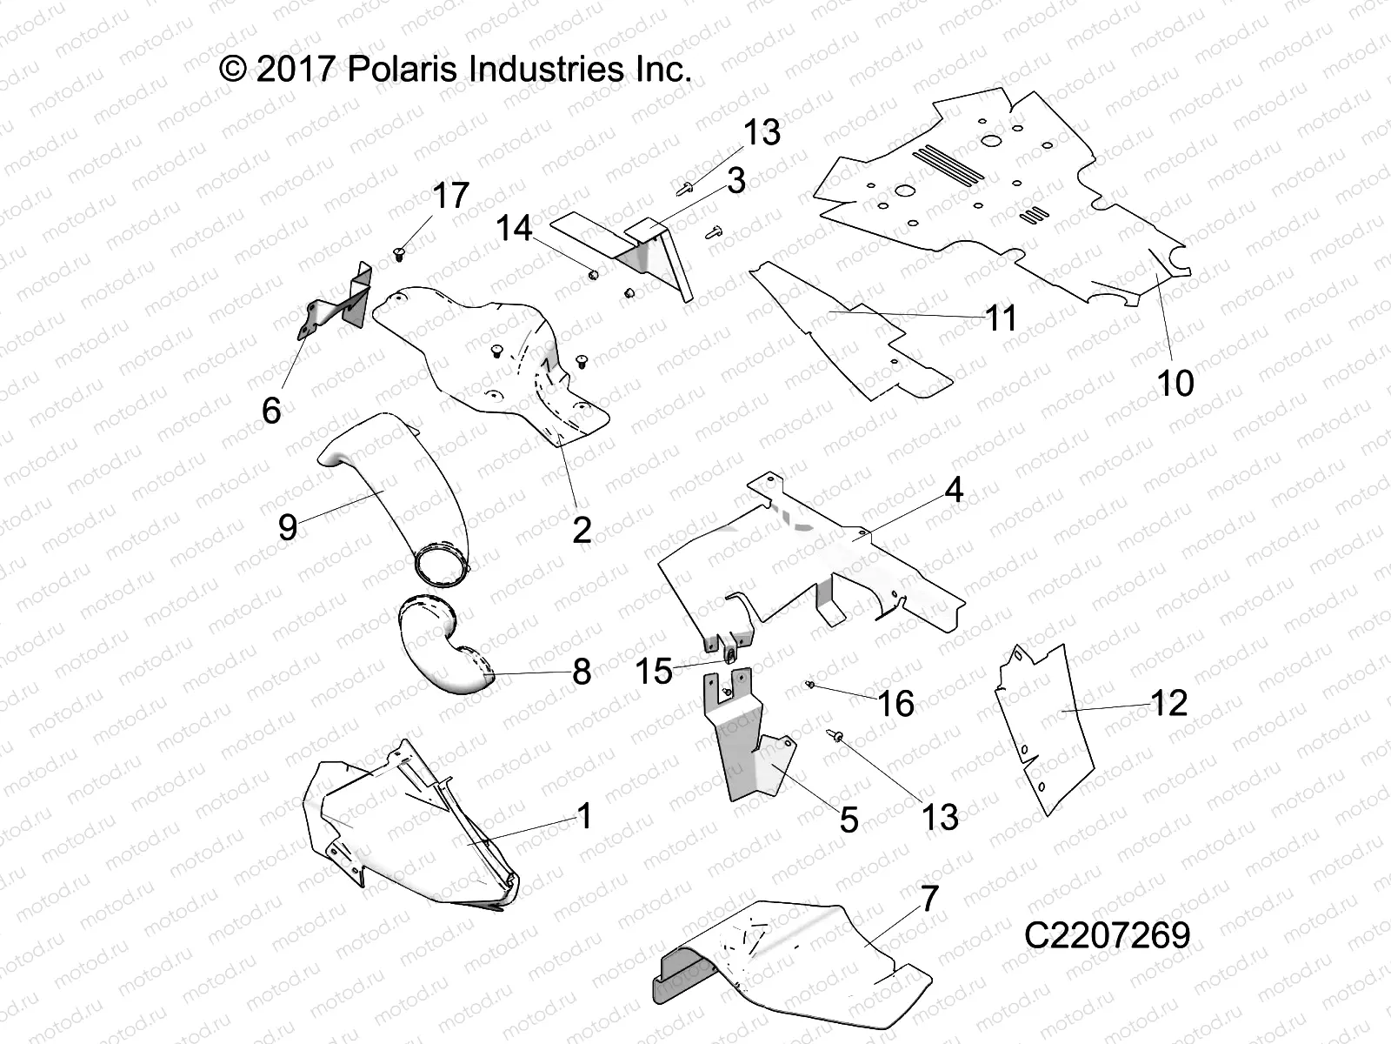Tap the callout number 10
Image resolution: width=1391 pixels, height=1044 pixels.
point(1175,383)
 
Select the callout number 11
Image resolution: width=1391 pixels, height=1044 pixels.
point(1001,318)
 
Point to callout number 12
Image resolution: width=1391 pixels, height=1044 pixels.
point(1168,703)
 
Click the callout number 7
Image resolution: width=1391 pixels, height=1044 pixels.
point(929,899)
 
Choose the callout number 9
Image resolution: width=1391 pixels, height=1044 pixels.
point(288,527)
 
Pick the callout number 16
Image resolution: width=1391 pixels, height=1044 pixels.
point(896,704)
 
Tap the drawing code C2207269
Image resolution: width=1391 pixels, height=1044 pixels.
point(1107,935)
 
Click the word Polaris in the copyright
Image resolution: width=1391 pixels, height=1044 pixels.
point(405,70)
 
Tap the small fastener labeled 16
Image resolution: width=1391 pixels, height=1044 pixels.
point(810,686)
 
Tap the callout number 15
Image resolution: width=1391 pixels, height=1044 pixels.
point(654,671)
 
